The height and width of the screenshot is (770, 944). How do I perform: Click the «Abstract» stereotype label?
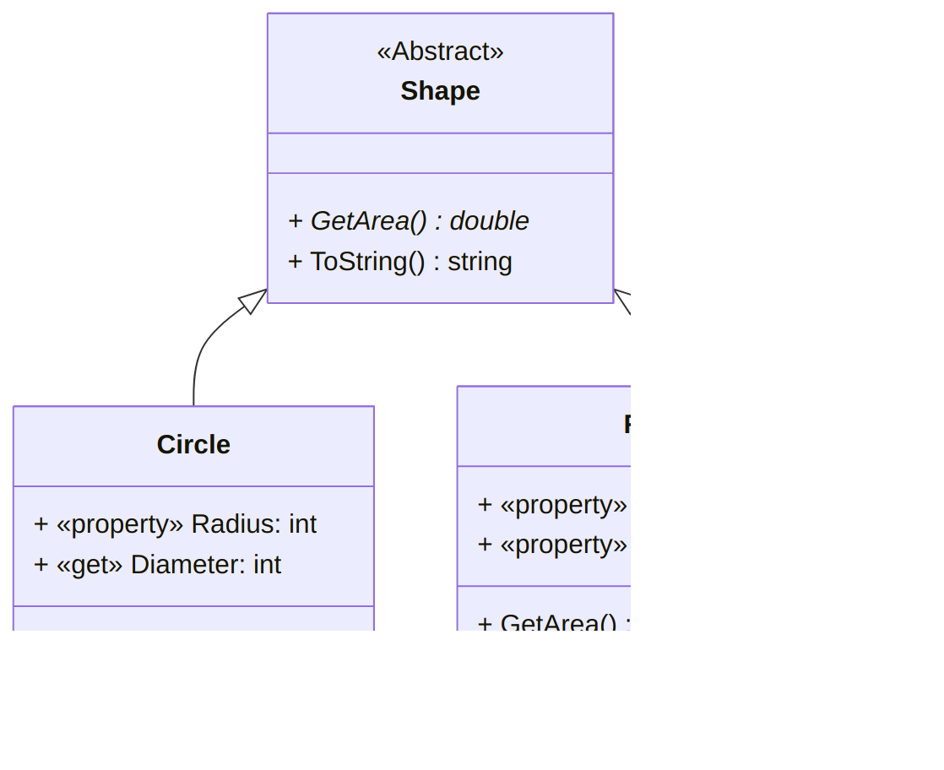(x=440, y=52)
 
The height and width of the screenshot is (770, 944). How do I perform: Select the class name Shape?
(x=440, y=91)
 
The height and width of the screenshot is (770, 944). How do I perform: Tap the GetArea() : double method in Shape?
(x=409, y=221)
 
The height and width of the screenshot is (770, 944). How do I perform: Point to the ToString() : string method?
(x=400, y=262)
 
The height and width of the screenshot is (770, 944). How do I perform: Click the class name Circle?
(x=193, y=445)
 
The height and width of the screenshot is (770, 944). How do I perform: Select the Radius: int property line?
(x=175, y=524)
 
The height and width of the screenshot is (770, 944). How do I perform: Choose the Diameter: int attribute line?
(x=157, y=565)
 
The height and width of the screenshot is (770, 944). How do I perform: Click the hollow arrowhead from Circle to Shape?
(x=252, y=301)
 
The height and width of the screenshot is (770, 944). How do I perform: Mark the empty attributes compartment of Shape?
(x=440, y=153)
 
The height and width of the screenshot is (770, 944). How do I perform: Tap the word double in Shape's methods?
(x=489, y=221)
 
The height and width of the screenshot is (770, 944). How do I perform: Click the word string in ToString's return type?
(x=480, y=262)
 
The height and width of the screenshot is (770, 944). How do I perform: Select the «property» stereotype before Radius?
(x=120, y=524)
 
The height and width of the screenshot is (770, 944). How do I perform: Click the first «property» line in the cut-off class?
(x=552, y=505)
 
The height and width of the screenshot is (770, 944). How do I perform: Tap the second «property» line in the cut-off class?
(x=552, y=545)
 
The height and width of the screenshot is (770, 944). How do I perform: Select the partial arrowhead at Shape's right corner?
(x=622, y=299)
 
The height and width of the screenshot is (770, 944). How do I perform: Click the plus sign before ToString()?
(x=296, y=262)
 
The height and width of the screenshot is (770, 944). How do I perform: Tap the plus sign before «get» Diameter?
(x=41, y=565)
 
